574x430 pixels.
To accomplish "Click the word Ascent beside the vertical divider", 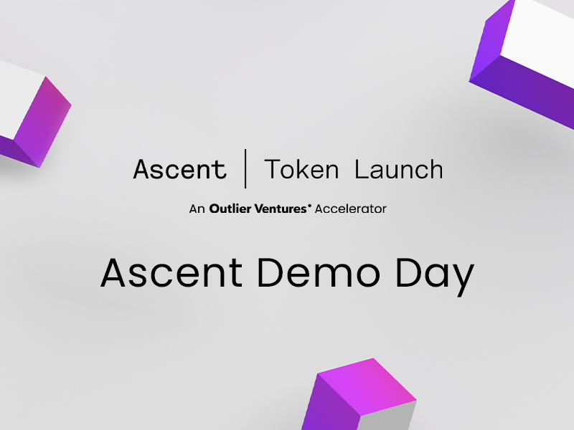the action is pyautogui.click(x=180, y=169).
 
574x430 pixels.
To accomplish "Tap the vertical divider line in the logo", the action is pyautogui.click(x=245, y=168).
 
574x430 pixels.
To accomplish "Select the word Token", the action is pyautogui.click(x=301, y=169).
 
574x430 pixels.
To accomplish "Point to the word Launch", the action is pyautogui.click(x=399, y=169).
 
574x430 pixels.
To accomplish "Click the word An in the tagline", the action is pyautogui.click(x=197, y=209).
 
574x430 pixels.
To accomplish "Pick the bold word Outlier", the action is pyautogui.click(x=230, y=209).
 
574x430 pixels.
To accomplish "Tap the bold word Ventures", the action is pyautogui.click(x=281, y=209).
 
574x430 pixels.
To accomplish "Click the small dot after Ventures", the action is pyautogui.click(x=310, y=206).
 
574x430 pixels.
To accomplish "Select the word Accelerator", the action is pyautogui.click(x=351, y=209).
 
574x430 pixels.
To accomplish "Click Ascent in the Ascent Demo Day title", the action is pyautogui.click(x=171, y=273).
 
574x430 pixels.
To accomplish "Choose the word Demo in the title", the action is pyautogui.click(x=319, y=273).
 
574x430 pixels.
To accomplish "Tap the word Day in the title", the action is pyautogui.click(x=436, y=277).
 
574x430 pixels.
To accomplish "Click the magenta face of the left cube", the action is pyautogui.click(x=42, y=120).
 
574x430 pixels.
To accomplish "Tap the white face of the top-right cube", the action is pyautogui.click(x=538, y=40).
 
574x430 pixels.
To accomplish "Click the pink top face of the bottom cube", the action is pyautogui.click(x=366, y=386).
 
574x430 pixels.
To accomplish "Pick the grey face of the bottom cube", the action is pyautogui.click(x=387, y=417).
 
